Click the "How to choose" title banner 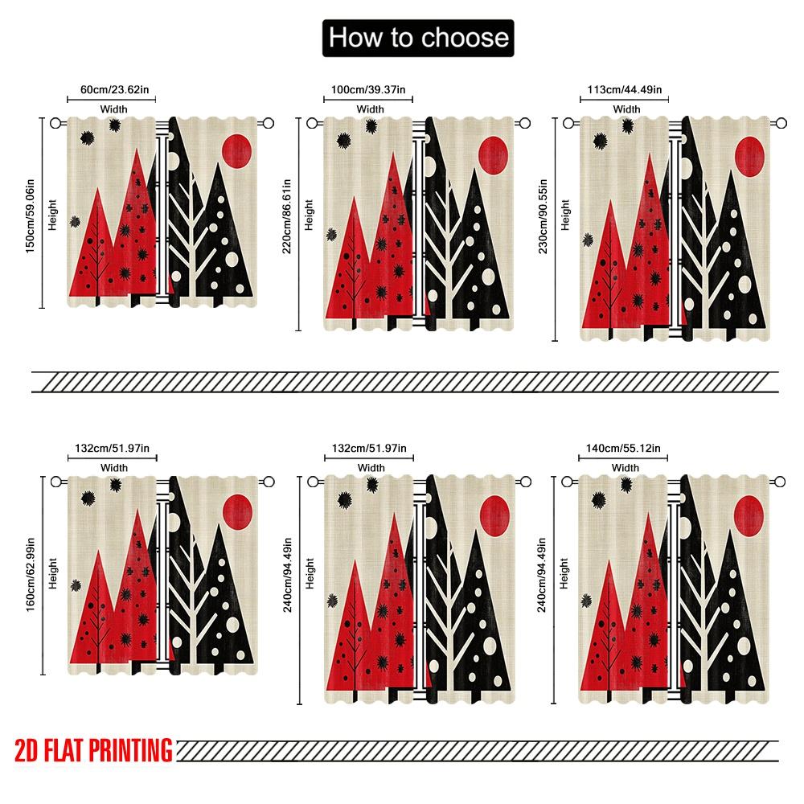(416, 38)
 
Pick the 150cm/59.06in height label (31, 212)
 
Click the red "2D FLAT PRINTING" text (93, 750)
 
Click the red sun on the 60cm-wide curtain (238, 151)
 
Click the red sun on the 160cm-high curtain (238, 511)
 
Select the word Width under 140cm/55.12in (625, 467)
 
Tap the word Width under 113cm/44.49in (626, 109)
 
